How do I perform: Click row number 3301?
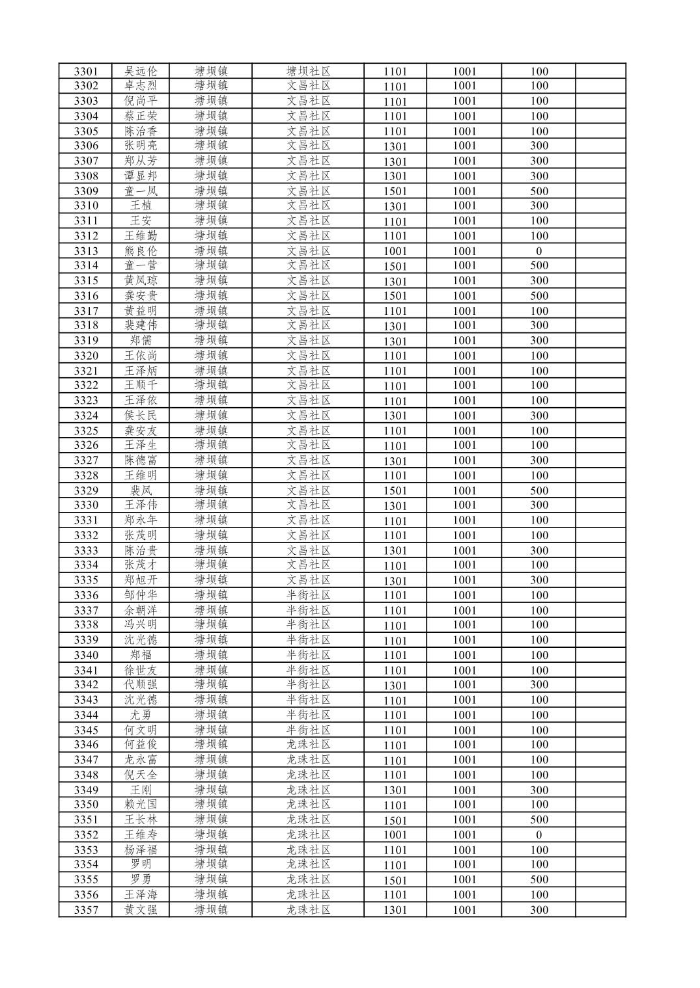click(86, 72)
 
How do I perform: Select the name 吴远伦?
click(141, 72)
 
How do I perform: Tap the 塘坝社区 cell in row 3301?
click(309, 72)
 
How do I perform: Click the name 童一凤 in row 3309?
click(141, 191)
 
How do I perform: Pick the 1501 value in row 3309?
click(395, 191)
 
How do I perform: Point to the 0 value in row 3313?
click(539, 251)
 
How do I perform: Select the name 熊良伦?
click(141, 251)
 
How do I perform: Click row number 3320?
click(86, 356)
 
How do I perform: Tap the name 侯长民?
click(141, 416)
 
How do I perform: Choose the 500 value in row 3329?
click(539, 490)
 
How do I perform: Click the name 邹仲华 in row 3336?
click(141, 595)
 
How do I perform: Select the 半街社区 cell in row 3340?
click(309, 655)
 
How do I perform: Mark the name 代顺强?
click(141, 685)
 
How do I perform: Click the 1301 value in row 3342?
click(395, 685)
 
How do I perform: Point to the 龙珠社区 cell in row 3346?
click(309, 745)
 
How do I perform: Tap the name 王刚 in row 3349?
click(141, 790)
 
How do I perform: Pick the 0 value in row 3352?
click(539, 834)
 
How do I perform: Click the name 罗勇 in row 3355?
click(141, 879)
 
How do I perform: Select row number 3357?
click(86, 910)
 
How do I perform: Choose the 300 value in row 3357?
click(539, 910)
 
